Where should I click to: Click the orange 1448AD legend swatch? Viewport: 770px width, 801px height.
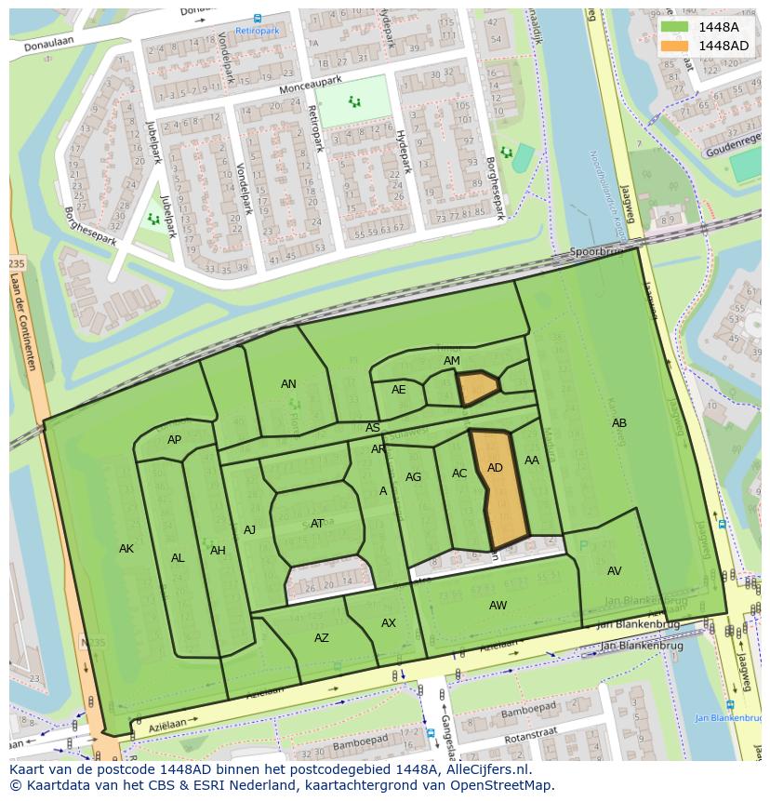(x=675, y=46)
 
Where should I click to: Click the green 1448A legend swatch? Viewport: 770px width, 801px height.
(x=675, y=27)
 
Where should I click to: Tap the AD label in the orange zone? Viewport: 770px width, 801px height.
(x=495, y=468)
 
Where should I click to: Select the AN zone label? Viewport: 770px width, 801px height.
(x=288, y=384)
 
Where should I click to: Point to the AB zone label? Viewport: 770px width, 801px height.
(x=619, y=423)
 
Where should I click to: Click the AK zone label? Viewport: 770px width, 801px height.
(x=126, y=549)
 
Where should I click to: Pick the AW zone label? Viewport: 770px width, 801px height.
(x=498, y=606)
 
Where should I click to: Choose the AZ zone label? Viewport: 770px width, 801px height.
(x=322, y=638)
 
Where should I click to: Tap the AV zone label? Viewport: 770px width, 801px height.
(x=614, y=571)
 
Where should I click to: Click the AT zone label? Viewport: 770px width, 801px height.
(x=317, y=524)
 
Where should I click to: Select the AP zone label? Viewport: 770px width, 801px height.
(x=174, y=440)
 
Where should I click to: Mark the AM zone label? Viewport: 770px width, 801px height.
(x=452, y=361)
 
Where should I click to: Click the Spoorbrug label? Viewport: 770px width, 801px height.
(x=593, y=252)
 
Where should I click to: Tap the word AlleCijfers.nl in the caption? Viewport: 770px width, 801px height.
(x=484, y=769)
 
